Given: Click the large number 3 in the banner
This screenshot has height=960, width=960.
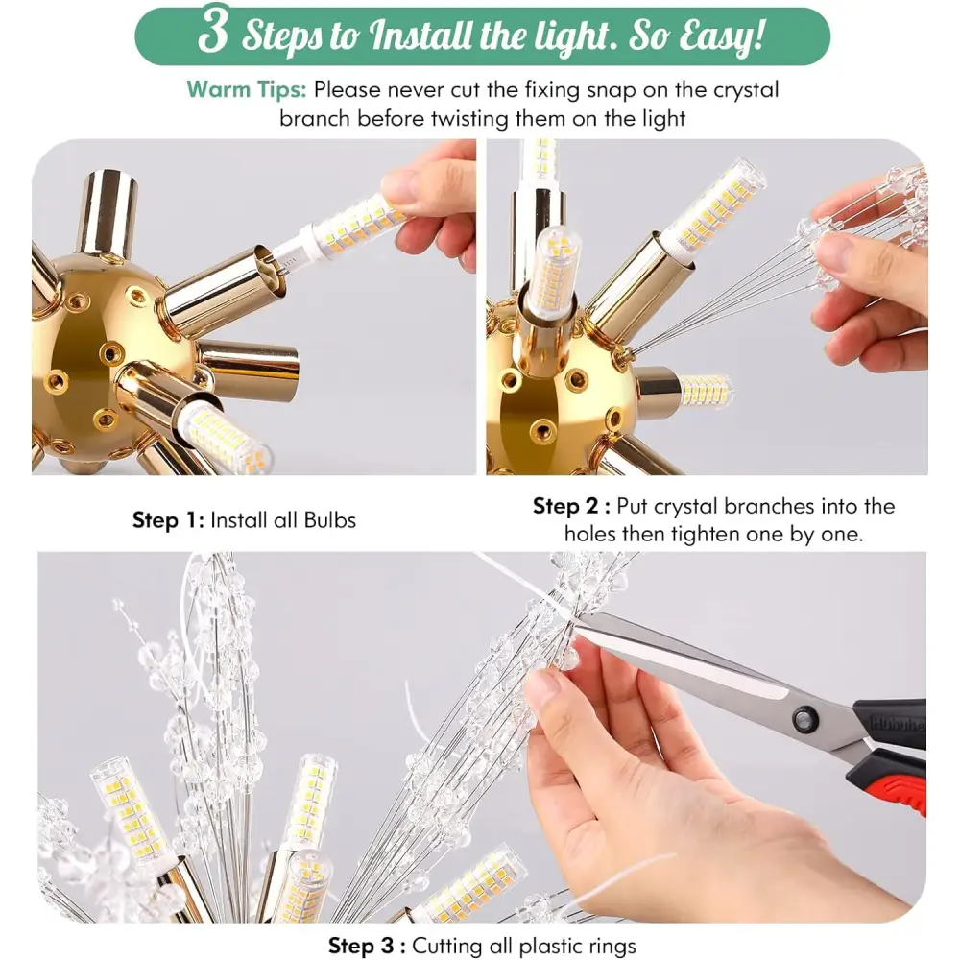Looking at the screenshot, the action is pyautogui.click(x=213, y=31).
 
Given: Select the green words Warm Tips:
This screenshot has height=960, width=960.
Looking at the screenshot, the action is pyautogui.click(x=246, y=89).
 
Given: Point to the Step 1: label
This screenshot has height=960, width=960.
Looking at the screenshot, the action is pyautogui.click(x=168, y=520).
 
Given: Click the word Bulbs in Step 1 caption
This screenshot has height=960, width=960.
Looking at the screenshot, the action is pyautogui.click(x=329, y=519).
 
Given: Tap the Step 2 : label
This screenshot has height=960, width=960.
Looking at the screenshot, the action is pyautogui.click(x=570, y=506).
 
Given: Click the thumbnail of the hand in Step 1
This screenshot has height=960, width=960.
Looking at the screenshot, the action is pyautogui.click(x=400, y=184).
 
